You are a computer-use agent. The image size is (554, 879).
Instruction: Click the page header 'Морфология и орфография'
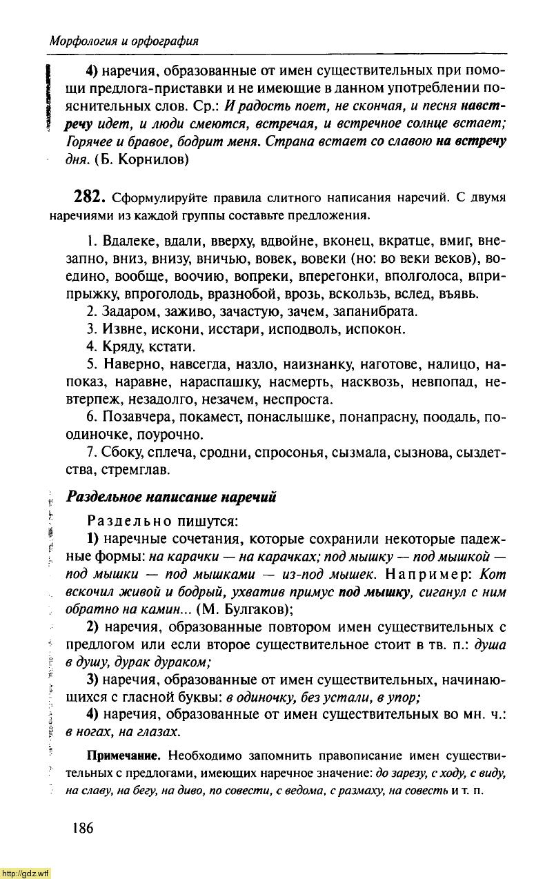coord(124,41)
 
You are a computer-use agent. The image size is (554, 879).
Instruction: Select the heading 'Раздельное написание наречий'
coord(170,497)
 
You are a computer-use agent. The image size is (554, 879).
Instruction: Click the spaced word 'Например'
coord(428,574)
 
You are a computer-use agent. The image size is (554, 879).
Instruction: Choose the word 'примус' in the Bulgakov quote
coord(314,592)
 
